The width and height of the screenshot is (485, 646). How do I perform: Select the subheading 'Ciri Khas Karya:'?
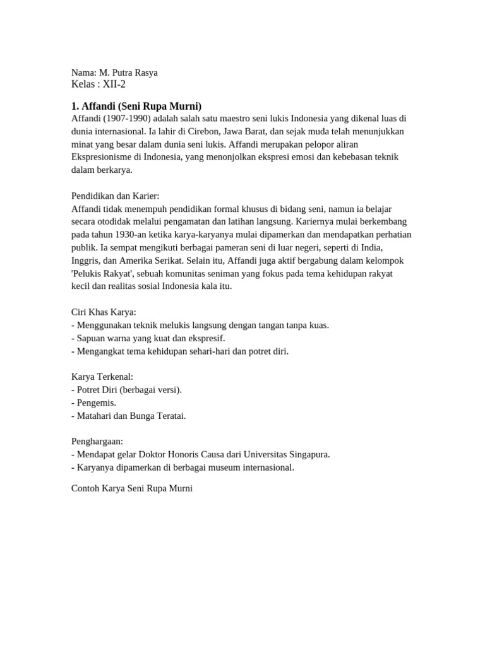104,312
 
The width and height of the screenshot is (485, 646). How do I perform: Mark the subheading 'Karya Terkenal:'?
103,377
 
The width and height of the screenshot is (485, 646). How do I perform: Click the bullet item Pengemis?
96,402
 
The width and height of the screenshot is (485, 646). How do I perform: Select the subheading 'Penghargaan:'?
97,442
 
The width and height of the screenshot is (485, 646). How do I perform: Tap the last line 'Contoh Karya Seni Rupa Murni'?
132,488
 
